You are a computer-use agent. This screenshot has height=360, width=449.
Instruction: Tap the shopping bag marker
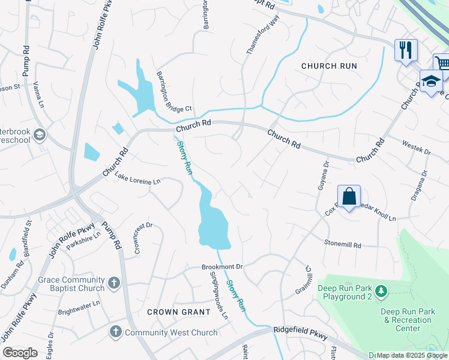[349, 196]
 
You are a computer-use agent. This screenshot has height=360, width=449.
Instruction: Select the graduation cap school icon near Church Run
[431, 82]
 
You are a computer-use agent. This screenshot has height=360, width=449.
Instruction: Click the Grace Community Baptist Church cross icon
[115, 282]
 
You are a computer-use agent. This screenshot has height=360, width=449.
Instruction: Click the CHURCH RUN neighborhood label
[329, 66]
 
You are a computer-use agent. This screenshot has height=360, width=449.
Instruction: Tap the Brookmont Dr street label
[221, 266]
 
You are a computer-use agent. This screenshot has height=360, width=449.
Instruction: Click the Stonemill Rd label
[343, 245]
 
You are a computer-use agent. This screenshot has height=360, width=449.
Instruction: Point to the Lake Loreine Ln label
[139, 178]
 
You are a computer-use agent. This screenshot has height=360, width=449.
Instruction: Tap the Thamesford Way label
[264, 35]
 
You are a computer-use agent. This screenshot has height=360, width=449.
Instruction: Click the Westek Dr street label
[416, 148]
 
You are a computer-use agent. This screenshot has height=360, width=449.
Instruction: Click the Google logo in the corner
[20, 353]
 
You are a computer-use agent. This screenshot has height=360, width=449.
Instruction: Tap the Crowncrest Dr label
[143, 238]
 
